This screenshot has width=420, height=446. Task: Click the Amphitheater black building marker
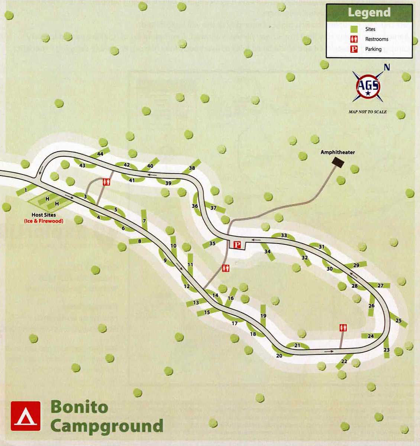[x=338, y=162]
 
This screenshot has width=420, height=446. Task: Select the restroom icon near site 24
[x=343, y=328]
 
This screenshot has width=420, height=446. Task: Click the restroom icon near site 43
[x=107, y=182]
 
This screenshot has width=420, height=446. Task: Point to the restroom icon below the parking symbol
[x=226, y=268]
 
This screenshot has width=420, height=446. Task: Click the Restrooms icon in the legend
[x=354, y=39]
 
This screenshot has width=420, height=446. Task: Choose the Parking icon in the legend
[x=354, y=49]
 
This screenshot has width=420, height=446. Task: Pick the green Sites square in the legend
[x=354, y=29]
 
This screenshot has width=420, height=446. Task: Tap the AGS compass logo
[x=368, y=87]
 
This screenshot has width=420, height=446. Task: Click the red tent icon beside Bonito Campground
[x=26, y=416]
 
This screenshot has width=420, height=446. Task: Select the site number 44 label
[x=100, y=154]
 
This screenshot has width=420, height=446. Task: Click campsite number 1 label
[x=25, y=190]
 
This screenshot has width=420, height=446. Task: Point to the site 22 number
[x=344, y=361]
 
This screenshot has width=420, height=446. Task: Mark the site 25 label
[x=398, y=321]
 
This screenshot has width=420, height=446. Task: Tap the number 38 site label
[x=192, y=168]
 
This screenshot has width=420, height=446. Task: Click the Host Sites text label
[x=44, y=215]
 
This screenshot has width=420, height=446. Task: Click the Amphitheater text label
[x=337, y=152]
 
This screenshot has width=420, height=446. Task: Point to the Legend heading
[x=369, y=13]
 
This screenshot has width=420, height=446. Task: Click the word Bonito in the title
[x=79, y=407]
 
